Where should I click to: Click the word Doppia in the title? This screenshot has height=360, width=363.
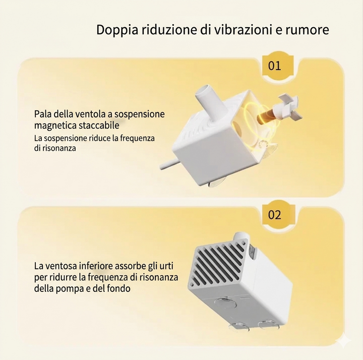(x=117, y=30)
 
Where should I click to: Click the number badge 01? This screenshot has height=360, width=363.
(x=275, y=66)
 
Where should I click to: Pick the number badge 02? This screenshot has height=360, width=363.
(x=275, y=214)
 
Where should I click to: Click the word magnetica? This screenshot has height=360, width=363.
(x=55, y=126)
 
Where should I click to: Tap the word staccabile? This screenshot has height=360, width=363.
(x=99, y=125)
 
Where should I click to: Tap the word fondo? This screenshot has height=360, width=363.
(x=118, y=288)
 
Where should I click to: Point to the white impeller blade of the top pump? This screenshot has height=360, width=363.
(x=287, y=108)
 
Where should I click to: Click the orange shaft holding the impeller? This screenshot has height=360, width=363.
(x=266, y=116)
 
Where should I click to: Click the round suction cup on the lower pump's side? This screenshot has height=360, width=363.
(x=225, y=302)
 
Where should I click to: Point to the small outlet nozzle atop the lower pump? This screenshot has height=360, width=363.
(x=241, y=237)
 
